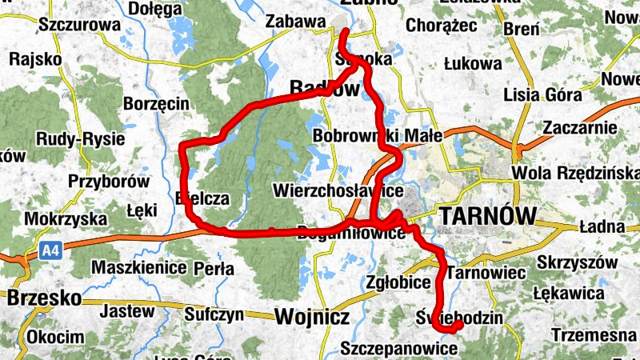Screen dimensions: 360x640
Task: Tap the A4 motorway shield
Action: tap(51, 252)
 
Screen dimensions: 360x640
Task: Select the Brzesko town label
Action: tap(44, 298)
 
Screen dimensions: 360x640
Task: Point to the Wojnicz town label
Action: tap(311, 318)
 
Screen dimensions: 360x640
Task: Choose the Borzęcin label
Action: tap(156, 103)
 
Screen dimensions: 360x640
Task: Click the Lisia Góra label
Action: tap(543, 94)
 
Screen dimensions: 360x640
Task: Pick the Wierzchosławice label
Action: tap(337, 192)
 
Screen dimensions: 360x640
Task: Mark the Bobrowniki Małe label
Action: tap(378, 136)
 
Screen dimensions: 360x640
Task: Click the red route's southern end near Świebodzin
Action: tap(458, 326)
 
